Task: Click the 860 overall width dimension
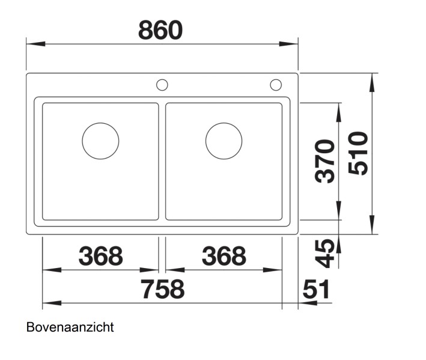pos(160,29)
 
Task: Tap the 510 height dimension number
pos(358,154)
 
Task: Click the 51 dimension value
pos(316,290)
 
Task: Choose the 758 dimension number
pos(162,290)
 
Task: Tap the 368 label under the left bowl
pos(100,257)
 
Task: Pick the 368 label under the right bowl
pos(224,257)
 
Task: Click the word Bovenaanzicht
pos(70,328)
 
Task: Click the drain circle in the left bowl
pos(100,141)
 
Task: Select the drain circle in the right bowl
pos(224,141)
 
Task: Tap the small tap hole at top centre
pos(162,84)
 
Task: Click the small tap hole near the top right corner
pos(276,84)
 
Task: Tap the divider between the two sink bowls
pos(162,161)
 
